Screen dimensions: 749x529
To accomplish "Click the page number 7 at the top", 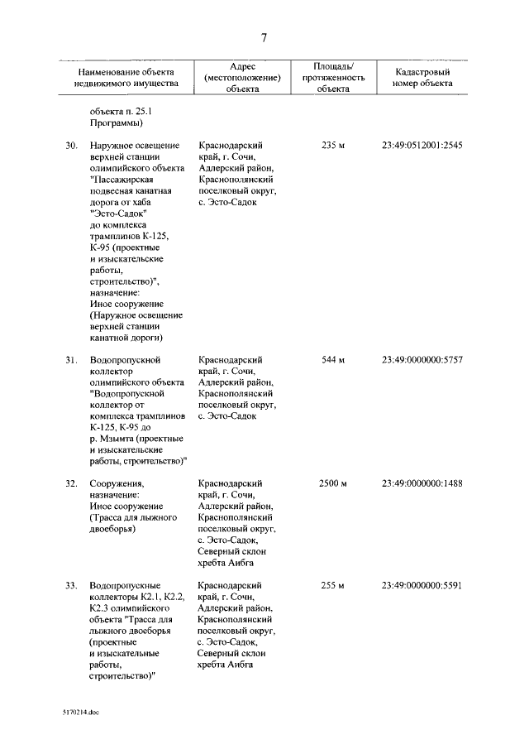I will [x=264, y=37].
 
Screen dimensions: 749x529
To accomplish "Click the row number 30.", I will [x=72, y=146].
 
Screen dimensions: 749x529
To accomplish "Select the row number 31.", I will [x=72, y=360].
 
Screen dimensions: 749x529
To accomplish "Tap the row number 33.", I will [x=72, y=586].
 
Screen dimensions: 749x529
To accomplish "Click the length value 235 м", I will [x=332, y=146].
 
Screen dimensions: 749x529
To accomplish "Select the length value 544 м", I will [x=332, y=360].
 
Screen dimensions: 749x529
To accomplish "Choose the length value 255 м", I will [x=332, y=586].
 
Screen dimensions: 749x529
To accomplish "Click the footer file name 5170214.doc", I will [x=80, y=712].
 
